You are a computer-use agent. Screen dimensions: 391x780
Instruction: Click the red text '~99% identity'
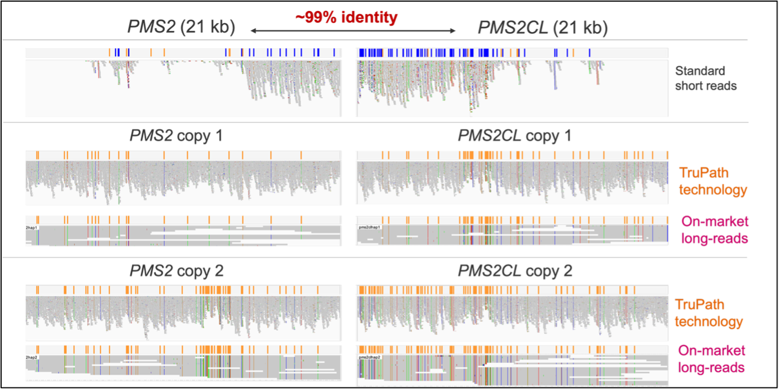(x=346, y=18)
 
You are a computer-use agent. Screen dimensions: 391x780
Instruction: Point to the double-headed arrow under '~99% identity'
(x=354, y=32)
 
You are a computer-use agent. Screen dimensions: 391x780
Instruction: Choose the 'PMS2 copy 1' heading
(x=176, y=136)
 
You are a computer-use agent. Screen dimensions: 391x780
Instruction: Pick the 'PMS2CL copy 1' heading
(x=515, y=136)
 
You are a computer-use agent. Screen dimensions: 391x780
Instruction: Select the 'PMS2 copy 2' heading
(x=176, y=271)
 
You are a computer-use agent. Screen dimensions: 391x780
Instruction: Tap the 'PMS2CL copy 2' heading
(x=515, y=271)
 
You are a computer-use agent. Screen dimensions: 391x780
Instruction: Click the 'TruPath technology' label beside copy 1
(x=713, y=182)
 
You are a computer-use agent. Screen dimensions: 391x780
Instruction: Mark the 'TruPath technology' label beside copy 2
(x=708, y=313)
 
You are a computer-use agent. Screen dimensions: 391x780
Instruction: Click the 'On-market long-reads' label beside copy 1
(x=715, y=230)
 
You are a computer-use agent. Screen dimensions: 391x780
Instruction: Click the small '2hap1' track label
(x=32, y=228)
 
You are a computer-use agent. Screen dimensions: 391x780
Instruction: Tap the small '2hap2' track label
(x=32, y=358)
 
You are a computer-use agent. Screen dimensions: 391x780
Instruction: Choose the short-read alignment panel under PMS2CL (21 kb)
(x=511, y=88)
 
